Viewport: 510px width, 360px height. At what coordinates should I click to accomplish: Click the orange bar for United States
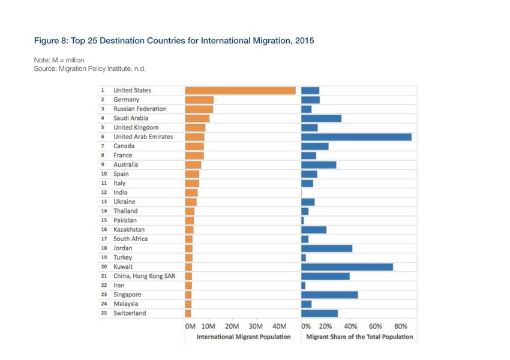(x=240, y=91)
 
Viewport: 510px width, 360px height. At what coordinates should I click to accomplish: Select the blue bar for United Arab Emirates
(x=356, y=137)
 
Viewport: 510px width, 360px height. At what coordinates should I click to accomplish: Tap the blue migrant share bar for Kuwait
(x=347, y=267)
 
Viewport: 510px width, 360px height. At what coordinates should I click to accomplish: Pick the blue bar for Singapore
(x=329, y=295)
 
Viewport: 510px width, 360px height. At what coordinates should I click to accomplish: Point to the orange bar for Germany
(x=199, y=100)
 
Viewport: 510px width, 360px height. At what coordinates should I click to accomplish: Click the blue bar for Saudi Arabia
(x=321, y=118)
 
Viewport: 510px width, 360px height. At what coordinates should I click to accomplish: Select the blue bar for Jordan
(x=326, y=248)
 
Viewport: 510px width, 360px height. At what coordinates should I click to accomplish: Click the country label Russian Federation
(x=140, y=109)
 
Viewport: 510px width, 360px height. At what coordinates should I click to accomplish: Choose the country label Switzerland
(x=130, y=313)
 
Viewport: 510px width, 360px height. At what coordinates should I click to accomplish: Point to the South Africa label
(x=130, y=239)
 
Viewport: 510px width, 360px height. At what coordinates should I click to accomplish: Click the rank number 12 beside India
(x=104, y=193)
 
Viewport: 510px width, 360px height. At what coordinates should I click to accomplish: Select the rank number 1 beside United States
(x=103, y=91)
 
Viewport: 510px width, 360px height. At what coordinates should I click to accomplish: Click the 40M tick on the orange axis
(x=280, y=326)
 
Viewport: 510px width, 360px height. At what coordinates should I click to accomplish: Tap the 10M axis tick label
(x=208, y=326)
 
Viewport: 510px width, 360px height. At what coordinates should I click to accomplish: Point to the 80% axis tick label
(x=400, y=326)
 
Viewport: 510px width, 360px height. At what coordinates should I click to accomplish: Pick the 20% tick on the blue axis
(x=325, y=326)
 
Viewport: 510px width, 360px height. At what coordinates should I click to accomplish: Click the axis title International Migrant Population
(x=244, y=337)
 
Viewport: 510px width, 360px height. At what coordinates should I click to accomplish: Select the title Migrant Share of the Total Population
(x=359, y=337)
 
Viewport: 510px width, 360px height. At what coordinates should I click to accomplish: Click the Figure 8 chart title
(x=173, y=41)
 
